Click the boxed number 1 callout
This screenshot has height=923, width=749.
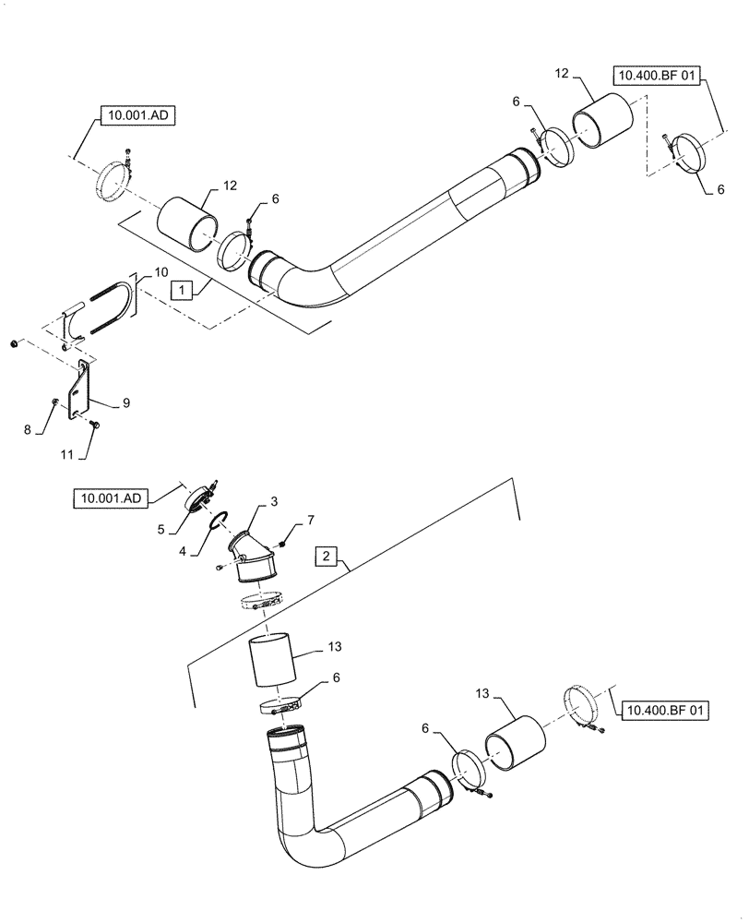(183, 290)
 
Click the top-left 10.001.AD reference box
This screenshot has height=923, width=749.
(137, 115)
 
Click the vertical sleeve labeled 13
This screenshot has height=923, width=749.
(271, 659)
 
